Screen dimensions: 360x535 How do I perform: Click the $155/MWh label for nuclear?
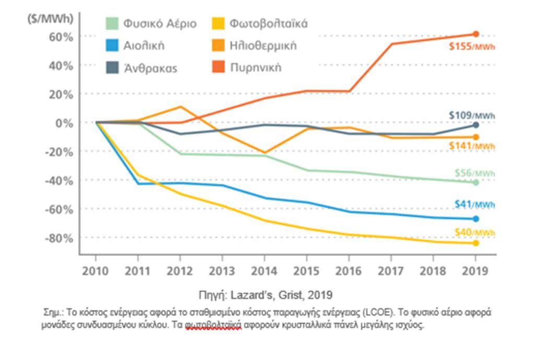coord(472,46)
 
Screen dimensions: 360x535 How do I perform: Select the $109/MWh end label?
coord(472,115)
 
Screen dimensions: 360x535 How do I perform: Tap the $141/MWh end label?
coord(472,146)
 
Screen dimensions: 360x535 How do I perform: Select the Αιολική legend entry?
coord(144,45)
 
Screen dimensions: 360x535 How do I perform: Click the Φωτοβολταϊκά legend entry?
coord(268,24)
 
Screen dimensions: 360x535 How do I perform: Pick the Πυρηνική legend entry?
coord(255,68)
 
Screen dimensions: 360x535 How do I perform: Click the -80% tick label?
coord(59,238)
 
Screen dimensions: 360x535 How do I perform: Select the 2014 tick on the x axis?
coord(264,271)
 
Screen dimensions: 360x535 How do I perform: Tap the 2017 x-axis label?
coord(390,271)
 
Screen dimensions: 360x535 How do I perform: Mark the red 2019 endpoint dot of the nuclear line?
coord(475,34)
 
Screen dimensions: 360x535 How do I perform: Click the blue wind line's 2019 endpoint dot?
coord(475,219)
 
